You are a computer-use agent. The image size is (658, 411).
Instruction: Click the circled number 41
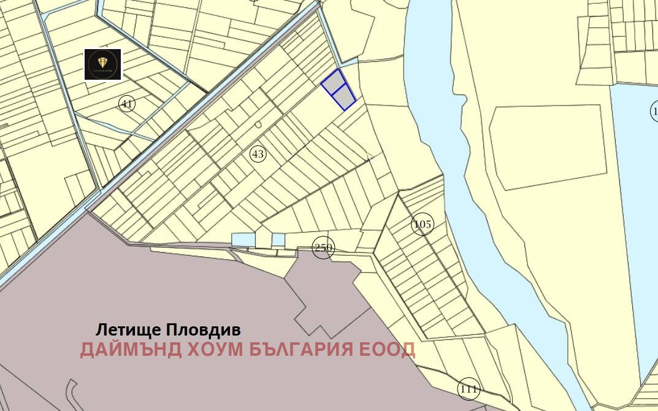pos(127,104)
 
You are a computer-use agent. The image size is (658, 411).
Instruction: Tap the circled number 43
pos(258,154)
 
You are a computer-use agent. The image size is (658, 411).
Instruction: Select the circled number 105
pos(423,225)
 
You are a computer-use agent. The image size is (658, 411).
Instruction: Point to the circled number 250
pos(323,248)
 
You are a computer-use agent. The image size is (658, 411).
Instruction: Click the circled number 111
pos(469,388)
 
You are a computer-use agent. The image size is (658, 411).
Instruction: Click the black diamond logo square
pos(103,64)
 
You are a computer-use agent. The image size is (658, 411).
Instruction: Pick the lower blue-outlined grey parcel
pos(345,96)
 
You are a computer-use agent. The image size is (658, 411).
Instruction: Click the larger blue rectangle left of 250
pos(242,240)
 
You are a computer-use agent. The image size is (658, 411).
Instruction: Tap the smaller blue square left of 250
pos(278,239)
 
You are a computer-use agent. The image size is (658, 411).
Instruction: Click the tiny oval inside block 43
pos(258,125)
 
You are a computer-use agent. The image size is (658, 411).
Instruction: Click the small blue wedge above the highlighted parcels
pos(348,62)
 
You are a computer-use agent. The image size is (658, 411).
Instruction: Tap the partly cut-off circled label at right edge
pos(654,111)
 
